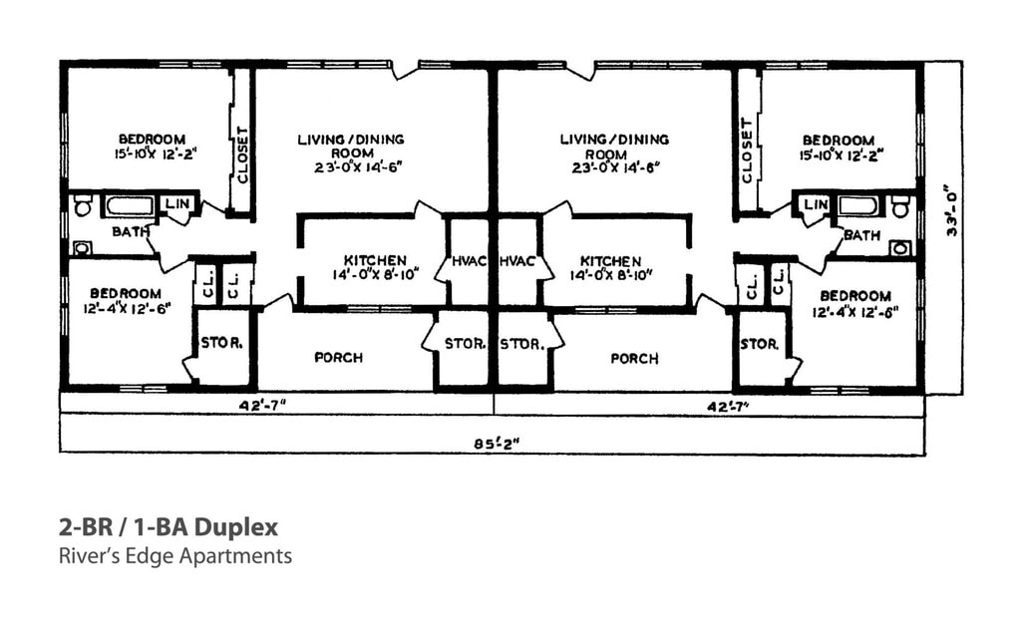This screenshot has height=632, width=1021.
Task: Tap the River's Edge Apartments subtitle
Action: tap(175, 556)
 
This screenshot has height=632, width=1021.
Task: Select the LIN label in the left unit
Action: tap(176, 204)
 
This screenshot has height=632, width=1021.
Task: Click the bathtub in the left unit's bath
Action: tap(129, 206)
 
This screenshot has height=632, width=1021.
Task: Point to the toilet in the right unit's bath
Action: tap(901, 207)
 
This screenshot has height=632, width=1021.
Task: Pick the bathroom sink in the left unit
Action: tap(82, 247)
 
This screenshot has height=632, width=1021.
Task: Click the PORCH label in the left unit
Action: tap(338, 357)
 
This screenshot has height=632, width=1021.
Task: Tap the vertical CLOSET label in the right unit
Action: tap(748, 151)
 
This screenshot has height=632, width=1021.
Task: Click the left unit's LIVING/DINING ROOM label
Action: tap(350, 153)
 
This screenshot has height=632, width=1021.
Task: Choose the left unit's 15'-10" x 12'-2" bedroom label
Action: tap(152, 147)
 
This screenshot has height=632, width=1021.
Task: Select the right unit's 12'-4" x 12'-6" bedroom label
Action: tap(855, 303)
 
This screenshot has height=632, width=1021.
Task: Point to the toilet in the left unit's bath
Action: tap(83, 206)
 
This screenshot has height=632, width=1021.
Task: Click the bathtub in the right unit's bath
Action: tap(857, 205)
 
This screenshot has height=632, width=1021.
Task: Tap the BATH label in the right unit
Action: tap(861, 235)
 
